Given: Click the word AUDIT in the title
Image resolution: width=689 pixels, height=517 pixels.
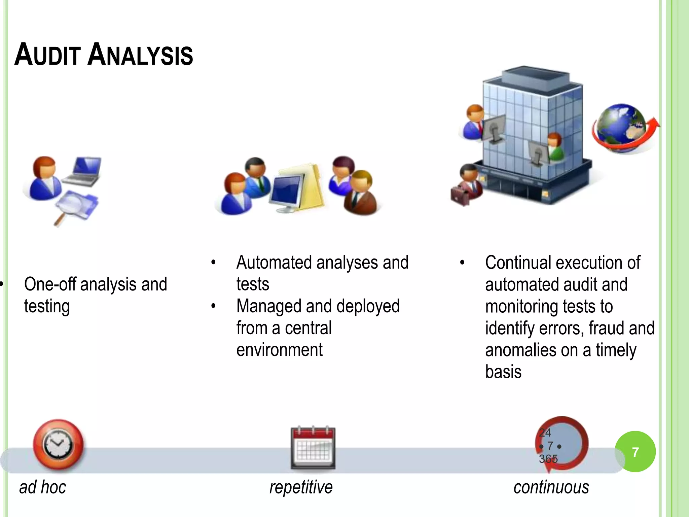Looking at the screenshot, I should (x=47, y=55).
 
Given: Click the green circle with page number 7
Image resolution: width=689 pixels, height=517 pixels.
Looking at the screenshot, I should (x=635, y=452).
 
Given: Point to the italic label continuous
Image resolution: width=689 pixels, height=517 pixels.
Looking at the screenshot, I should (x=551, y=487).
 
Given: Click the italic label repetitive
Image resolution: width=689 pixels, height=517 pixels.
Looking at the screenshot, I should (x=301, y=487).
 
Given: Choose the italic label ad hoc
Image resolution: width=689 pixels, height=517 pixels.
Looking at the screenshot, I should (x=43, y=487).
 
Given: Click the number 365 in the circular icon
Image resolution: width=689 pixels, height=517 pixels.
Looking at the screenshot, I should (x=548, y=459).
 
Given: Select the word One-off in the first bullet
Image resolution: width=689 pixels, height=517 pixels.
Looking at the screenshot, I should (x=50, y=284).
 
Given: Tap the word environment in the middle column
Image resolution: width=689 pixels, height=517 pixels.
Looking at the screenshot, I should (x=279, y=350).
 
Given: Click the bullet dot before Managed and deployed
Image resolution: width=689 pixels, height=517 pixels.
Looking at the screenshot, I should (x=213, y=306).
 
